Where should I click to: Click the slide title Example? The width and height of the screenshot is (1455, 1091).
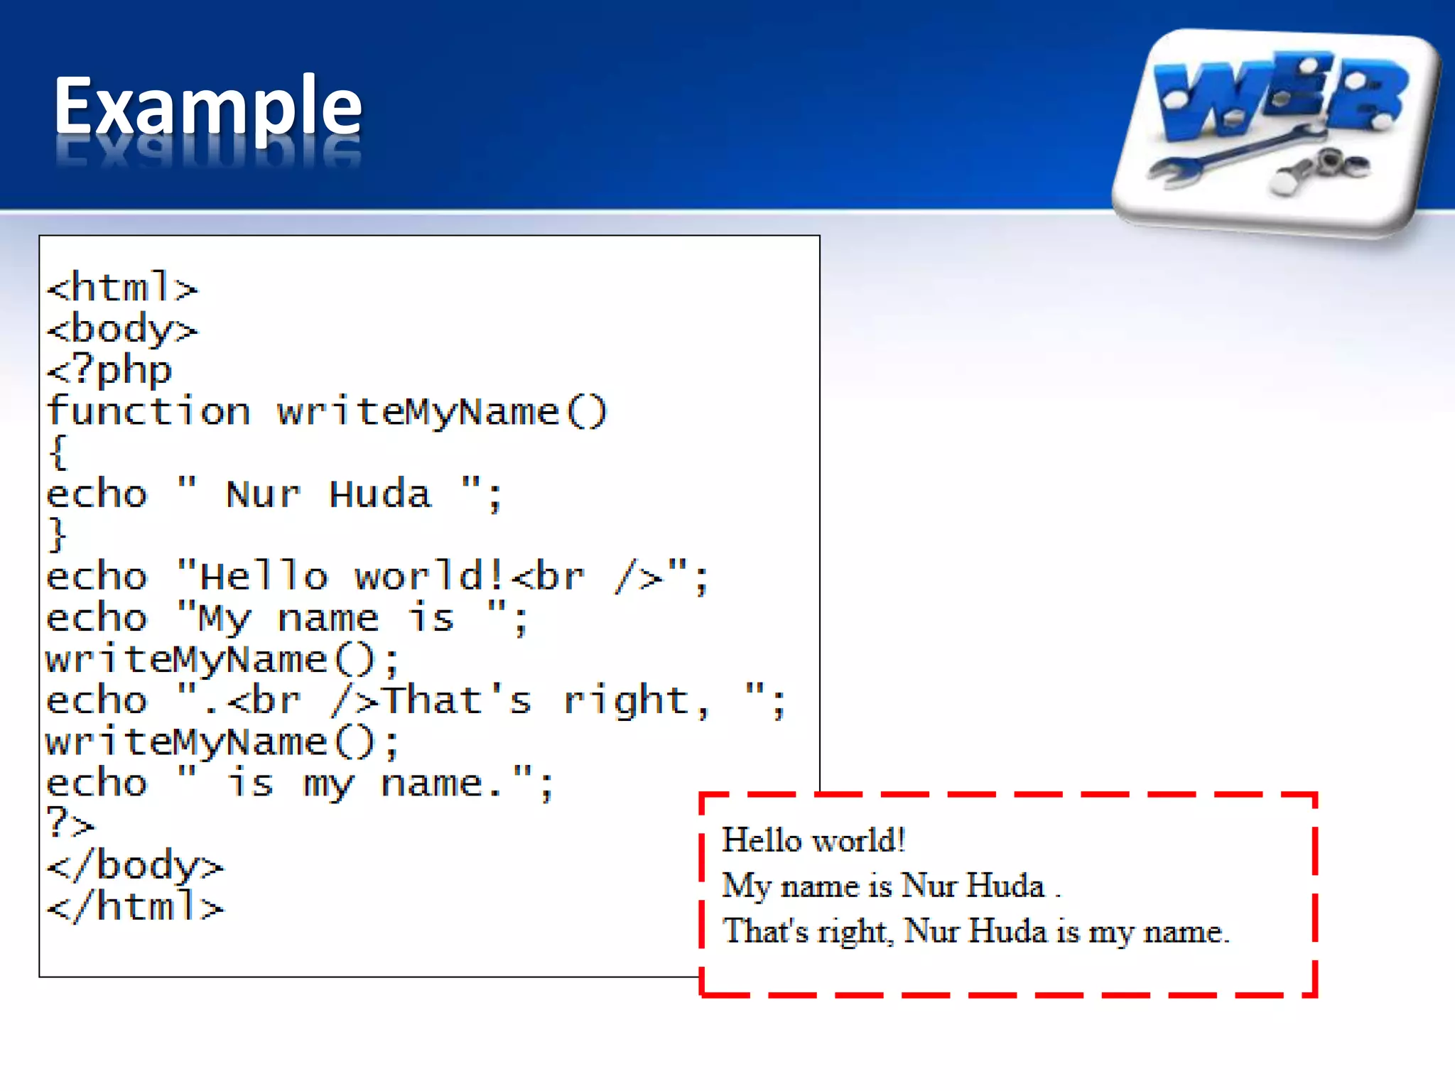pos(207,107)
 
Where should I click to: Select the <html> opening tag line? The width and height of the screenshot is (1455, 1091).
pos(122,288)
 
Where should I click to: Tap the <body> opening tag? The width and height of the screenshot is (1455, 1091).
pos(122,330)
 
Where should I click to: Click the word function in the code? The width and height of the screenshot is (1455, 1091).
pos(148,412)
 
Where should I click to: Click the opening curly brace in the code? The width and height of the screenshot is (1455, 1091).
pos(58,452)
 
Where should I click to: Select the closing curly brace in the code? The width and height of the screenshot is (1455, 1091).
pos(58,535)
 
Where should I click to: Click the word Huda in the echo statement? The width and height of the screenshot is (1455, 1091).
pos(380,494)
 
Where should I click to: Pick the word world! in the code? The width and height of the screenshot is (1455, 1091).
pos(431,576)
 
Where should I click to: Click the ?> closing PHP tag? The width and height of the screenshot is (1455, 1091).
pos(70,824)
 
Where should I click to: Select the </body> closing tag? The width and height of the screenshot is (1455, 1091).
pos(135,865)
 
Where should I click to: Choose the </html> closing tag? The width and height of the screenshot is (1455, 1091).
pos(135,907)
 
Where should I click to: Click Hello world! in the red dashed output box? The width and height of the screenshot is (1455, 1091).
pos(813,840)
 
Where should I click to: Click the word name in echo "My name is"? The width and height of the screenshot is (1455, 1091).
pos(328,618)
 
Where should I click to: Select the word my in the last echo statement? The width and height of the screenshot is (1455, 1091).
pos(328,784)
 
